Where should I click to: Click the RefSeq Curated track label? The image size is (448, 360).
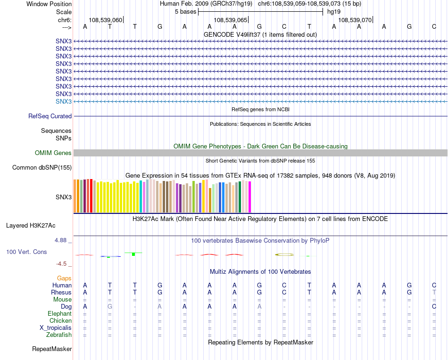50,116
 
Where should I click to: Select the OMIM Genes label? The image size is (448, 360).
53,153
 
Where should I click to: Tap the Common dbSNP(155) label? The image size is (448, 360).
42,168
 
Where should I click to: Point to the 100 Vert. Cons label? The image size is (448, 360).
26,252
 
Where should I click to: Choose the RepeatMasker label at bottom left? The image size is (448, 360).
52,350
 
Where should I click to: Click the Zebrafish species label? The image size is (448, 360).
60,335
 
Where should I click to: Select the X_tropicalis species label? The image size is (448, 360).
56,328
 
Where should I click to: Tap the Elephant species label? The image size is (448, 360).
60,314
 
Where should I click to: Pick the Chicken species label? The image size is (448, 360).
61,321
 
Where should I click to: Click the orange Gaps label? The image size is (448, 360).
64,278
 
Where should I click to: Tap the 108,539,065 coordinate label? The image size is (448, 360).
230,20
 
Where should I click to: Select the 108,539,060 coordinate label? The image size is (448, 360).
105,20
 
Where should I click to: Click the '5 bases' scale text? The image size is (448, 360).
185,12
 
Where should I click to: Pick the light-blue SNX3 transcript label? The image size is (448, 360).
64,102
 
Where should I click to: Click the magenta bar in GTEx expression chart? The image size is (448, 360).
250,197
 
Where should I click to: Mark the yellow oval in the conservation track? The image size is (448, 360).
284,254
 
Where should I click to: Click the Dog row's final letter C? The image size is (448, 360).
434,307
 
